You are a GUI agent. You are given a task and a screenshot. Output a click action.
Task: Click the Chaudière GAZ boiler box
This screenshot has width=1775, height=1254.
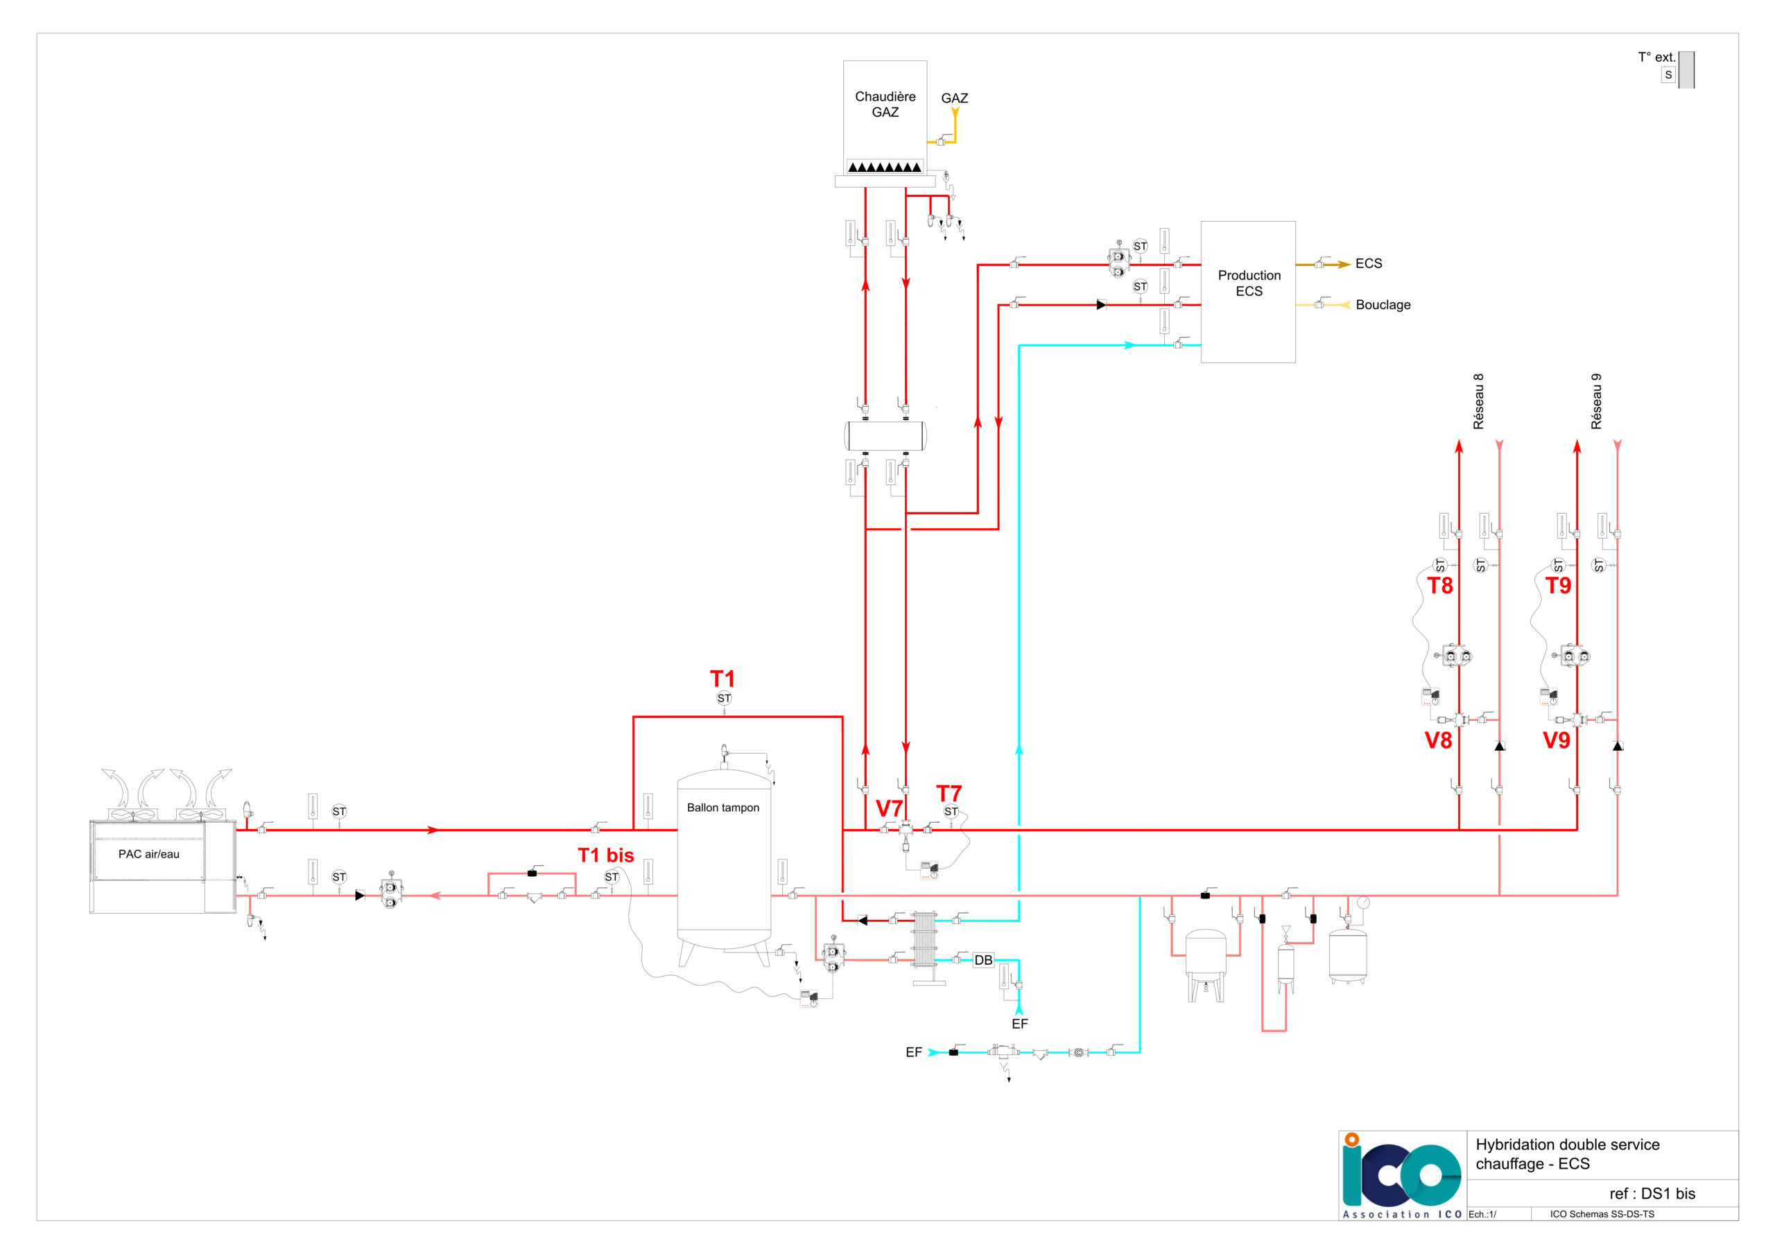coord(885,118)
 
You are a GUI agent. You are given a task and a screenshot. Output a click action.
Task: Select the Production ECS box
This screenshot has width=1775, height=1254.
coord(1248,291)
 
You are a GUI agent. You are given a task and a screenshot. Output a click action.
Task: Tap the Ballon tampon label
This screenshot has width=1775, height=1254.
coord(723,807)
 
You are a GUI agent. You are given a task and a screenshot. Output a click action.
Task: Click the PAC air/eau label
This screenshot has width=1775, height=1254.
coord(148,853)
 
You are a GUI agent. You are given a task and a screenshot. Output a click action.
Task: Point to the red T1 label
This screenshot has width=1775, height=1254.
coord(722,678)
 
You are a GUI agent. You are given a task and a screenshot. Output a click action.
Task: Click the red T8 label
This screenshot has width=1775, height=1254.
coord(1439,585)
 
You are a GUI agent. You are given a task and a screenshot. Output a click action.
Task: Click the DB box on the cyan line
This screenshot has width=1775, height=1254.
coord(983,960)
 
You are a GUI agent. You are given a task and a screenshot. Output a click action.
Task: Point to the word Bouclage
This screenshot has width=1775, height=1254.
coord(1383,304)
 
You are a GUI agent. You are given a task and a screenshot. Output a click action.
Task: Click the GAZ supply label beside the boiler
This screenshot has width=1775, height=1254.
coord(955,98)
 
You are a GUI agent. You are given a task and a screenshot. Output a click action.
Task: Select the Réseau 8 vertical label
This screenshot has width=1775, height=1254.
coord(1478,401)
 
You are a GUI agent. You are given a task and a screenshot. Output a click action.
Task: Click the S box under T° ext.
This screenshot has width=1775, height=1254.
coord(1668,75)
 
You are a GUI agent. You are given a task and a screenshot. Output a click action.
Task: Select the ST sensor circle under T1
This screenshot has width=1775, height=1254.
coord(724,698)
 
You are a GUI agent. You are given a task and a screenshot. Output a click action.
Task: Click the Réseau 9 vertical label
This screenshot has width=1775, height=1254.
coord(1596,401)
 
